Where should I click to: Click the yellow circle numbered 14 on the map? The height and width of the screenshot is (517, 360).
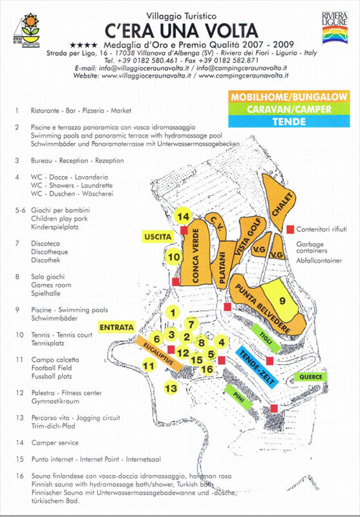[184, 216]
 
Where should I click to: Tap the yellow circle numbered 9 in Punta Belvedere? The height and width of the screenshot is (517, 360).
[282, 300]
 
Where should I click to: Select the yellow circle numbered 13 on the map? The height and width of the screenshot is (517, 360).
[171, 388]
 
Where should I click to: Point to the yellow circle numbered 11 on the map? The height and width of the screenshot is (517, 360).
[149, 366]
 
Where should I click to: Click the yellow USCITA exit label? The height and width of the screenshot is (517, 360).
[158, 237]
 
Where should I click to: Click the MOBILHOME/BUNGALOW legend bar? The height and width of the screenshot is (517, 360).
[289, 97]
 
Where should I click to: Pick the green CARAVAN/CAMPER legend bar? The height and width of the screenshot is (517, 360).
[289, 109]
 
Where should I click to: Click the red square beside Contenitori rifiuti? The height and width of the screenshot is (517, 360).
[290, 229]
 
